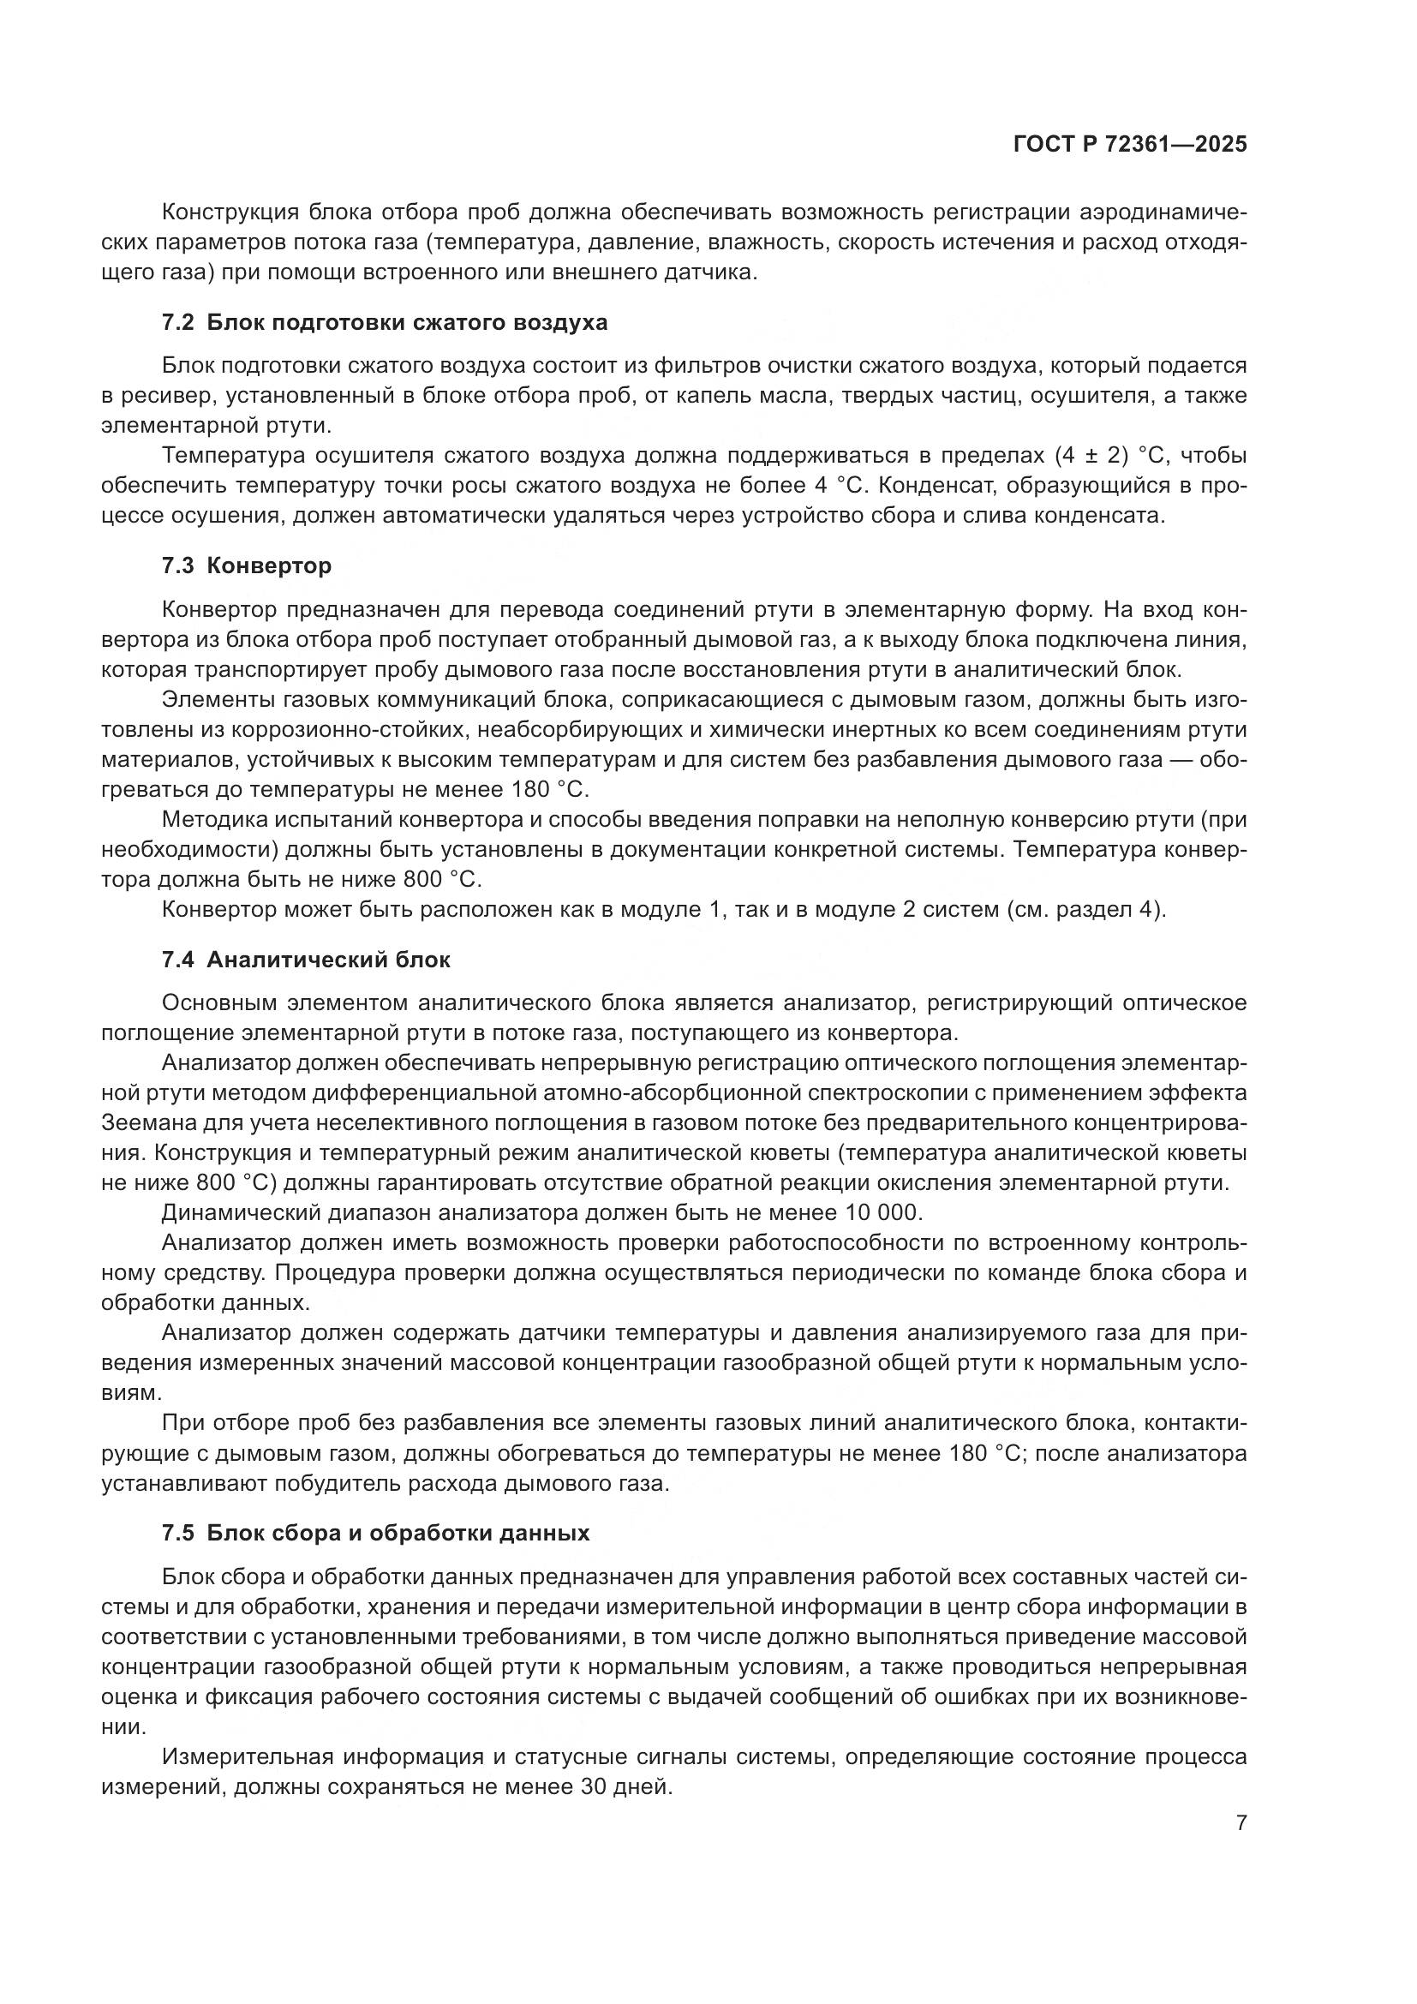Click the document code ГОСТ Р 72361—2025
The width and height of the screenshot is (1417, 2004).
click(x=1130, y=145)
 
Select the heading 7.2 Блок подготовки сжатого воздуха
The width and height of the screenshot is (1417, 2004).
click(x=385, y=322)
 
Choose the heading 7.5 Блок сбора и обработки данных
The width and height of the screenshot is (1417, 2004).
click(x=376, y=1533)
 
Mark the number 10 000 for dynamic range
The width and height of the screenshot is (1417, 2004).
click(x=882, y=1212)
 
